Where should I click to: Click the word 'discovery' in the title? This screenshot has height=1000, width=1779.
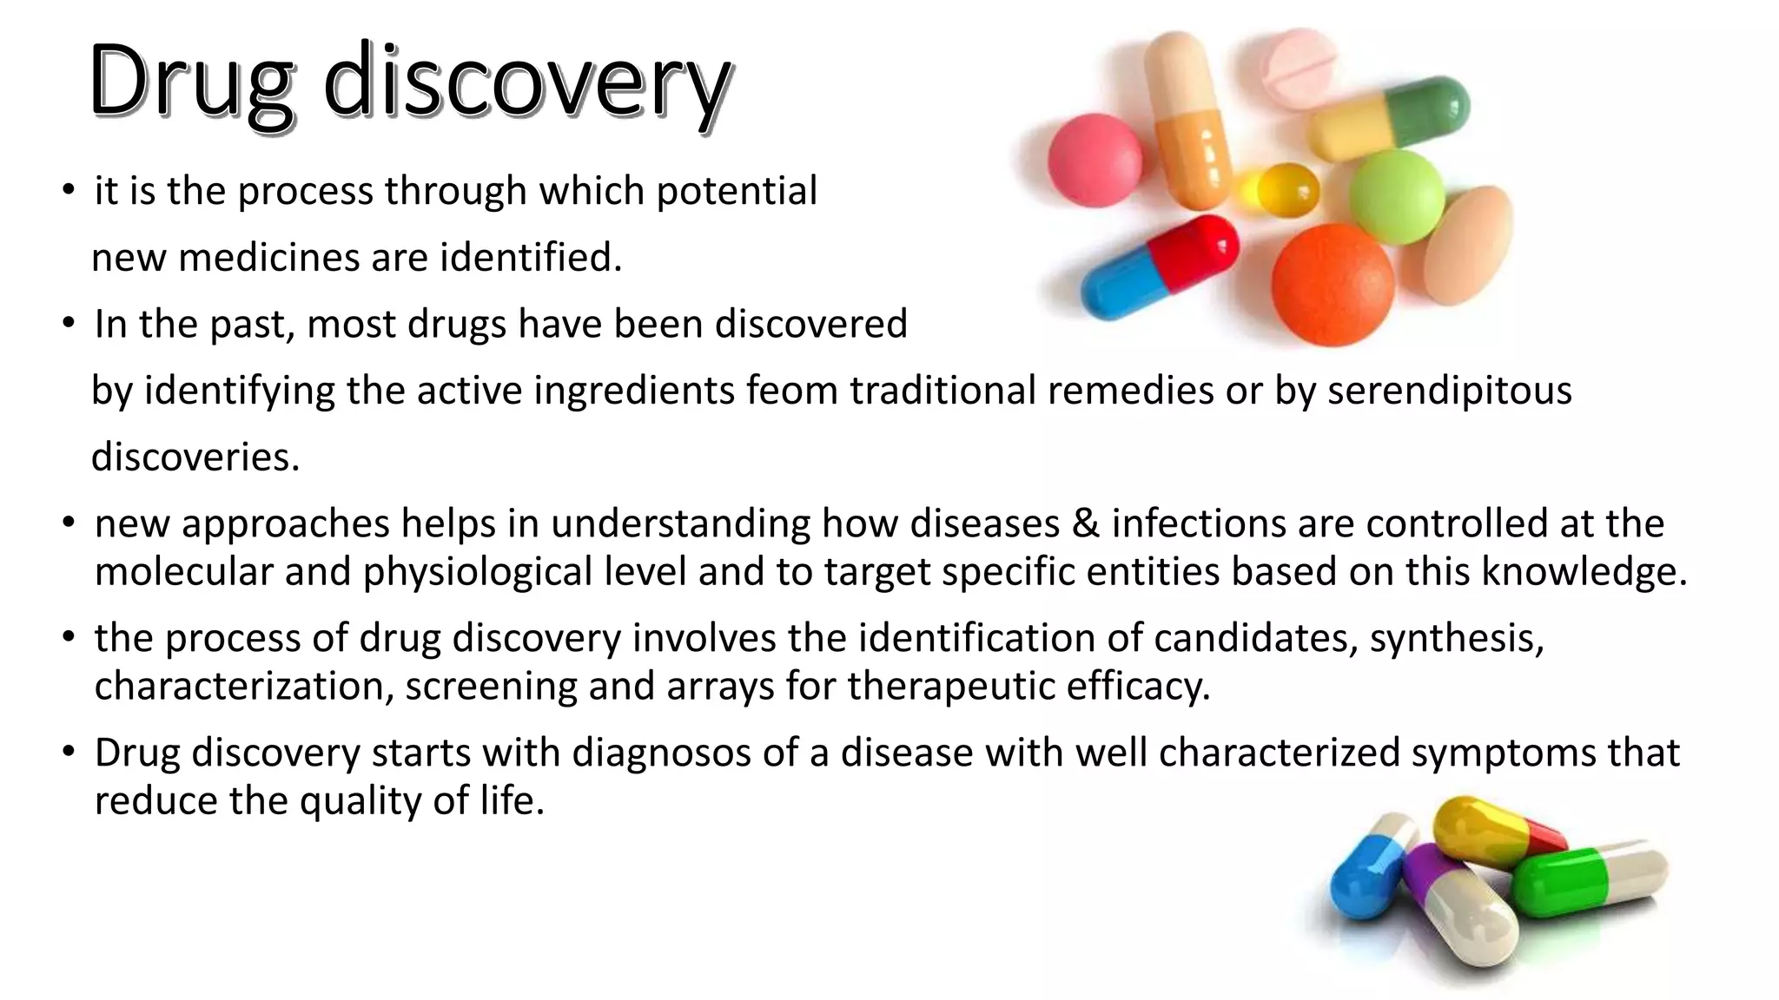(526, 83)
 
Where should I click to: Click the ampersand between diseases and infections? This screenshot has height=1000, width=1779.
(1086, 523)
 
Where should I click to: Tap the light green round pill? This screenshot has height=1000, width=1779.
(1396, 196)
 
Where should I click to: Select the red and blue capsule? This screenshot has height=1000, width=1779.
(1160, 265)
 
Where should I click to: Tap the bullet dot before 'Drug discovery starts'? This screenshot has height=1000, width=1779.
(69, 752)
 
